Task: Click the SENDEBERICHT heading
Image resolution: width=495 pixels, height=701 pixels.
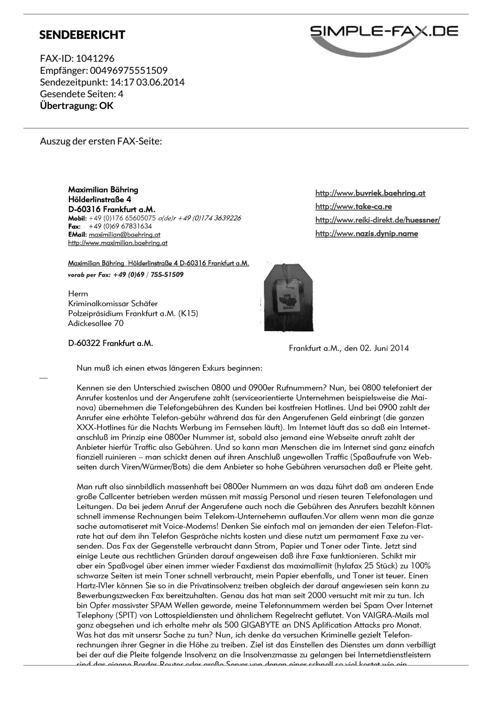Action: tap(82, 35)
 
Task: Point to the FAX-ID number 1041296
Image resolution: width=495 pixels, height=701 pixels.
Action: tap(95, 58)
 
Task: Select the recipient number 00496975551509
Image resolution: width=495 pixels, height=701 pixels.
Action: tap(129, 70)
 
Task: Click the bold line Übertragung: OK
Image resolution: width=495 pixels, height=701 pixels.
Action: tap(77, 106)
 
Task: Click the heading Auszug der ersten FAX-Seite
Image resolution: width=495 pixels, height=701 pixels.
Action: tap(101, 141)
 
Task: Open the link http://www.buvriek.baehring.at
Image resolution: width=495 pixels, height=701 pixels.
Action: tap(370, 193)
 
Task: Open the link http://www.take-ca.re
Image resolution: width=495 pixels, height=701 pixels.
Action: tap(353, 207)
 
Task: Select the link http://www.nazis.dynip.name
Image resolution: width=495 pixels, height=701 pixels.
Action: tap(367, 234)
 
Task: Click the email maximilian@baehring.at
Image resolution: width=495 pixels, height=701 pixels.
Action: tap(125, 235)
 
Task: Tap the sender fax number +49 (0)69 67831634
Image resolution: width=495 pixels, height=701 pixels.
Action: tap(120, 226)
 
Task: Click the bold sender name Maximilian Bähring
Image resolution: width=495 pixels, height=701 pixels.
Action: tap(103, 190)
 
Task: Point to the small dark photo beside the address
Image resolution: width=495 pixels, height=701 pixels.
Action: tap(288, 297)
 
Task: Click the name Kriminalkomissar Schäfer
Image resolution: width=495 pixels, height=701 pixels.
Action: tap(113, 303)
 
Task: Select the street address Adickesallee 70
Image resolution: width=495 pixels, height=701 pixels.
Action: tap(96, 323)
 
